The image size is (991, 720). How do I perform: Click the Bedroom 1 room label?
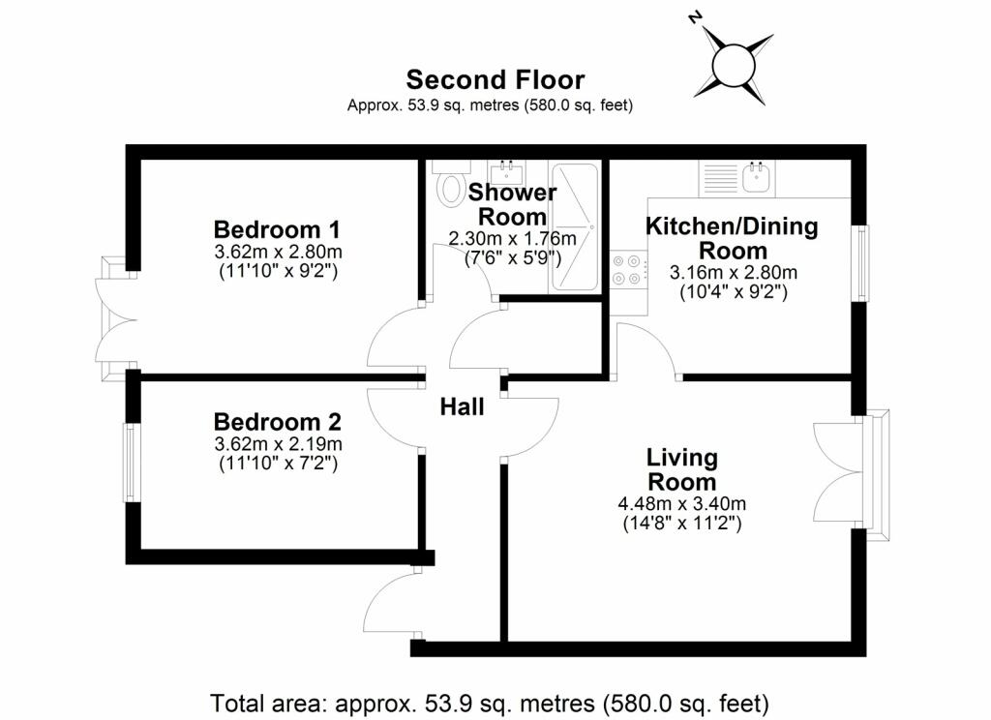point(277,228)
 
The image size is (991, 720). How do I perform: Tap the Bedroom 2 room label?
point(278,421)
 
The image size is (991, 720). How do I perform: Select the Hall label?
point(462,406)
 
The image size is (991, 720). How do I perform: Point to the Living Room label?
point(682,469)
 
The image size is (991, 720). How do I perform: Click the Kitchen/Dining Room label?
point(732,238)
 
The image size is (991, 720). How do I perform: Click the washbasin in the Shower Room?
point(507,172)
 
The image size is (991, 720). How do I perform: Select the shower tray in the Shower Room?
point(575,227)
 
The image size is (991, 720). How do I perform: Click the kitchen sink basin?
point(756,177)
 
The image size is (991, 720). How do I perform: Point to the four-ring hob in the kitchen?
point(628,269)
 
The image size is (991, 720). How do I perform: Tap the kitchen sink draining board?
point(720,178)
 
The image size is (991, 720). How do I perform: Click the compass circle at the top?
point(734,66)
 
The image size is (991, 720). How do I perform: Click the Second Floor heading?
point(495,79)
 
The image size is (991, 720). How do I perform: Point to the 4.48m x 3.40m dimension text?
point(682,504)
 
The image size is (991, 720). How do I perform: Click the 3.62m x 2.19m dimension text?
point(278,444)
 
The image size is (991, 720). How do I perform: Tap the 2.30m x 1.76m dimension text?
point(513,238)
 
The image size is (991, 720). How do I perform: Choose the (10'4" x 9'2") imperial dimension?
point(734,292)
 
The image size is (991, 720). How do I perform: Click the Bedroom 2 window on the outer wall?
point(131,462)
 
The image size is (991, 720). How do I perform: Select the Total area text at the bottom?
point(489,703)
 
